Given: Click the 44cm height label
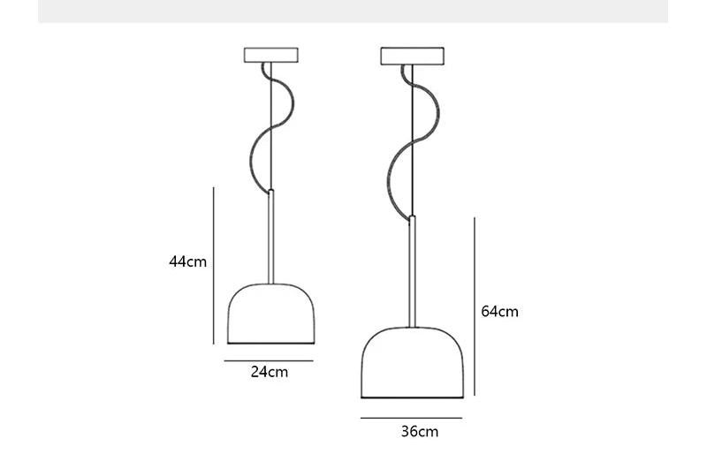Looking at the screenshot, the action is coord(187,261).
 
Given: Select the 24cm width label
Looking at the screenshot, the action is coord(270,372).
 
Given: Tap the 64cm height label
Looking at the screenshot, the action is coord(499,312).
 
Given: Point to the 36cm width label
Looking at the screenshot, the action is coord(420,431).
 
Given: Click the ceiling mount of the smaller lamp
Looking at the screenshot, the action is coord(271,55).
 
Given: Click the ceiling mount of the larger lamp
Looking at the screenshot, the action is coord(412,56).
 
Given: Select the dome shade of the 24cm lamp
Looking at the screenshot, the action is coord(271,314).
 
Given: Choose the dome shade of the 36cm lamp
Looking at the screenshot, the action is coord(412,362).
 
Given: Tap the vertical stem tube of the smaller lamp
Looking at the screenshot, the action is coord(271,237).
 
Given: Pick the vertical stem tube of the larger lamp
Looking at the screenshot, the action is coord(412,272).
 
